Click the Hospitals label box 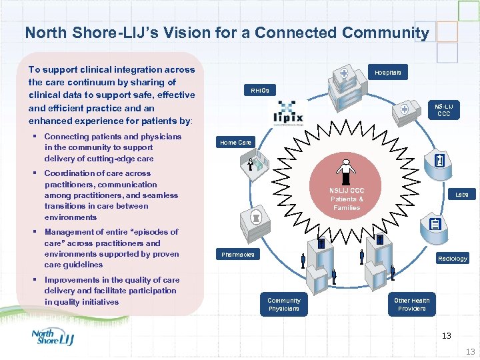click(x=388, y=72)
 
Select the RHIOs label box click(x=259, y=90)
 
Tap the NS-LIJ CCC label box click(x=444, y=110)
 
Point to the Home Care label click(x=235, y=142)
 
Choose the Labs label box click(x=462, y=195)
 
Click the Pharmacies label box click(x=238, y=255)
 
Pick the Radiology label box click(x=452, y=258)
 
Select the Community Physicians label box click(x=284, y=304)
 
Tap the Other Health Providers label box click(x=411, y=304)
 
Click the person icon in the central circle click(x=346, y=171)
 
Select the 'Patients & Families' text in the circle click(x=347, y=203)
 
